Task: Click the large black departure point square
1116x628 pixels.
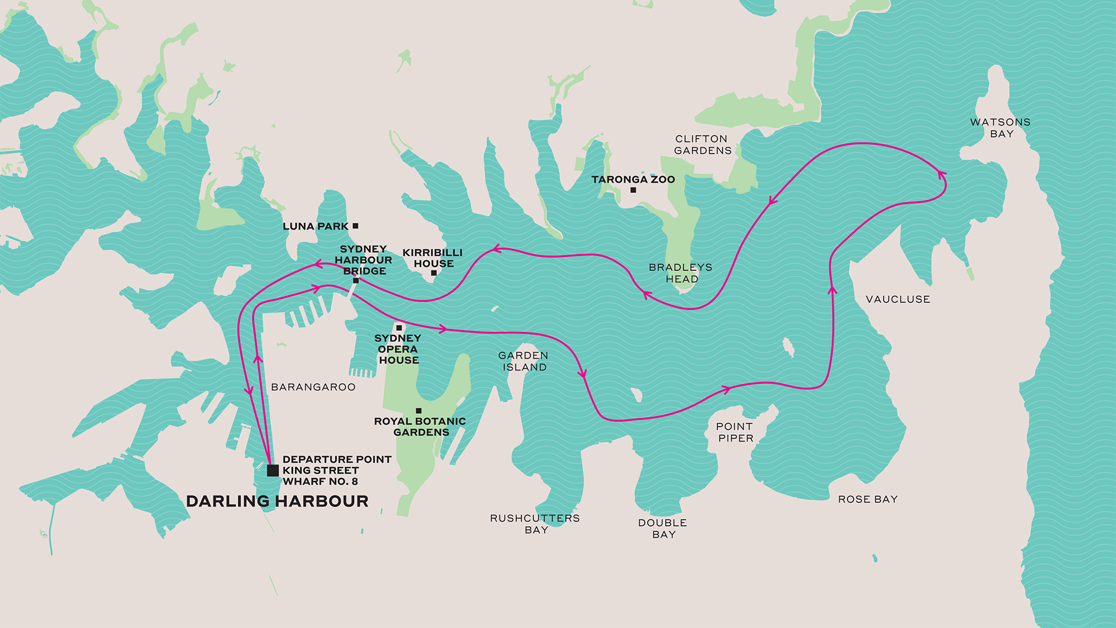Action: click(x=273, y=470)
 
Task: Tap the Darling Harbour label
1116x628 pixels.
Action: click(x=277, y=501)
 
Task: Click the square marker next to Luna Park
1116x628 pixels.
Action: click(x=355, y=226)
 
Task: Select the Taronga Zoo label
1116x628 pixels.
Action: click(x=633, y=180)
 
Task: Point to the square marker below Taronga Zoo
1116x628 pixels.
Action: click(x=633, y=190)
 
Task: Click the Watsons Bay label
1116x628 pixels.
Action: click(x=1000, y=128)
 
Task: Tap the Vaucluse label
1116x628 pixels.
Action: click(x=897, y=299)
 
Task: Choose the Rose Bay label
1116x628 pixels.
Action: click(x=868, y=499)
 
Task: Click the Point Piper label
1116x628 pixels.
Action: click(x=735, y=433)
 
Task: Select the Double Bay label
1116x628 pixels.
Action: click(x=663, y=529)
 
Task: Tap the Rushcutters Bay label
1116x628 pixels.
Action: click(x=535, y=524)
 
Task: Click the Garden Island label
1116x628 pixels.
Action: click(x=523, y=361)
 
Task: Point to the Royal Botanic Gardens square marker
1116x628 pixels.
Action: click(x=419, y=411)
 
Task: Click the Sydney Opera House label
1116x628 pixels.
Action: click(x=398, y=349)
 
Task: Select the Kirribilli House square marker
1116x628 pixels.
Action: click(x=434, y=273)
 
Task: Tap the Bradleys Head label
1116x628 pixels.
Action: click(x=681, y=273)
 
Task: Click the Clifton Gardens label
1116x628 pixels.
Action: click(x=702, y=145)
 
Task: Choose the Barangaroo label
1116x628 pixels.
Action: click(x=313, y=387)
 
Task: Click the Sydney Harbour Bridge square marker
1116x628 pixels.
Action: click(x=356, y=280)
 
